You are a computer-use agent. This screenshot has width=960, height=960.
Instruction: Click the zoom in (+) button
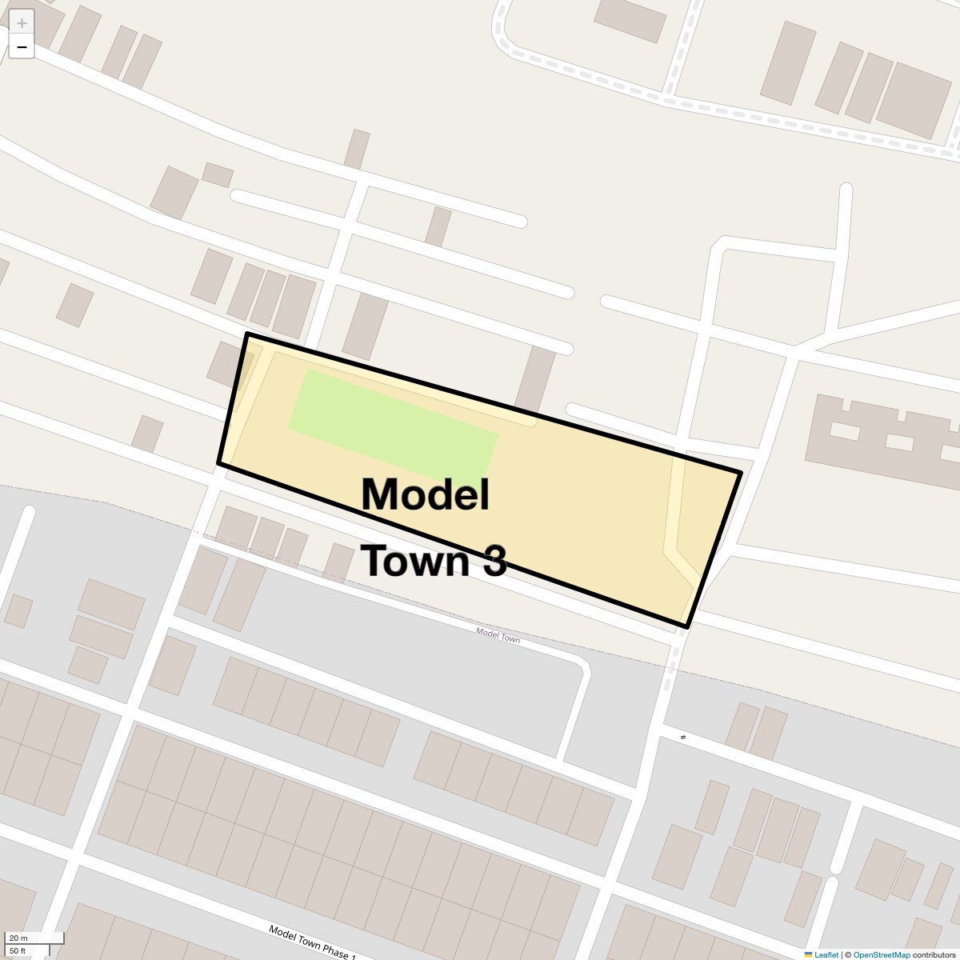point(22,23)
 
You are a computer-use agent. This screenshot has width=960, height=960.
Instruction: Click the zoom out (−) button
point(22,47)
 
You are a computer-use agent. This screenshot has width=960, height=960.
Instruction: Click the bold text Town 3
point(434,560)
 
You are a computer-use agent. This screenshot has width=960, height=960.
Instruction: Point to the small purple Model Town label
point(498,635)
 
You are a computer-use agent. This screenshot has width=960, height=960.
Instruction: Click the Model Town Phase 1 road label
point(312,942)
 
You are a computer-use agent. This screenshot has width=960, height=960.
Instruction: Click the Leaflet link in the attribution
point(826,954)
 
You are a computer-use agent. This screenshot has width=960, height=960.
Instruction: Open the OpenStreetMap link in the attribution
point(881,954)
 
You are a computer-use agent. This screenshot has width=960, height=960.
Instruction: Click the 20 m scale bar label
point(18,938)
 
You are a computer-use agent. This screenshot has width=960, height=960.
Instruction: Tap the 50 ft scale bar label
point(18,950)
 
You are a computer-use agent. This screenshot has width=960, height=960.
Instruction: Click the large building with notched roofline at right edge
point(880,440)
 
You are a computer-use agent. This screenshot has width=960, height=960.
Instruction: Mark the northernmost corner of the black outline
point(247,334)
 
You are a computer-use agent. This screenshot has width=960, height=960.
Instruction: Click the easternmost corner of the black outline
point(741,473)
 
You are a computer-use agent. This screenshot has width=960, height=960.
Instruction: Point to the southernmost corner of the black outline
point(686,627)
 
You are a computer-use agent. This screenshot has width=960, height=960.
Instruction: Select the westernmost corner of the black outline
point(218,462)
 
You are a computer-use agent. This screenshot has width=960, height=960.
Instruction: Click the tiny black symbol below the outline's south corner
point(683,737)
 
